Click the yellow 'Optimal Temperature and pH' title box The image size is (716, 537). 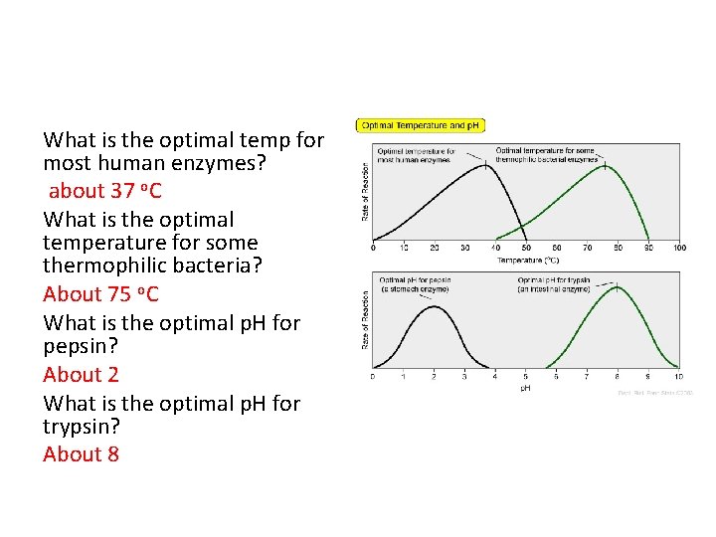(419, 126)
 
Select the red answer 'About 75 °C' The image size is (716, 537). (100, 294)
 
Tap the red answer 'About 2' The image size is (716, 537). (81, 375)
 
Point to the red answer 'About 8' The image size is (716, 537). (81, 454)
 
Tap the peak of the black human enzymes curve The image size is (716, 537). (485, 164)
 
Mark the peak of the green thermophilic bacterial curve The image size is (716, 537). (606, 165)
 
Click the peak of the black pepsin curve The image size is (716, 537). (434, 305)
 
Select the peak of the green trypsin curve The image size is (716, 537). (618, 286)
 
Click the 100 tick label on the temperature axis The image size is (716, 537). (679, 248)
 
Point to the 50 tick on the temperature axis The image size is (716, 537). (526, 248)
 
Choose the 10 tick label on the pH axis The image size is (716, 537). (678, 377)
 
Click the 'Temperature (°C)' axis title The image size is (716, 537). (529, 261)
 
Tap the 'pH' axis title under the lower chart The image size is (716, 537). (525, 388)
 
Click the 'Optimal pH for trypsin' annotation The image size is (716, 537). (555, 284)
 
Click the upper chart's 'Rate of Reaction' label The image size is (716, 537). (364, 192)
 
